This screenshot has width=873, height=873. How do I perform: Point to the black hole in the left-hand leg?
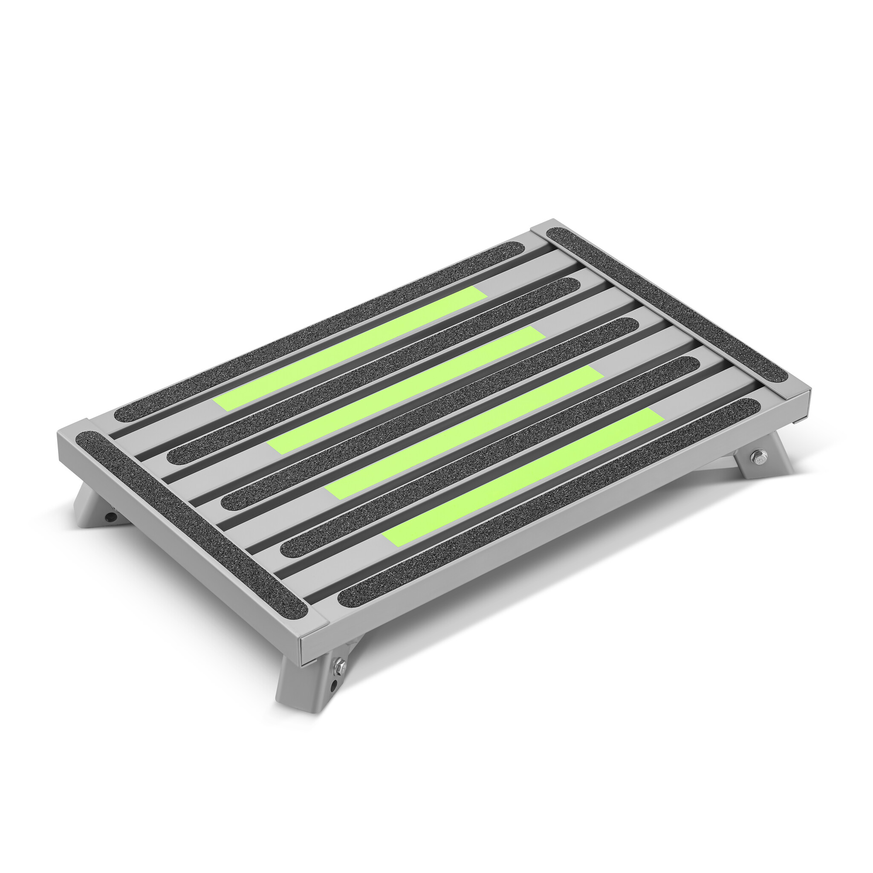(110, 516)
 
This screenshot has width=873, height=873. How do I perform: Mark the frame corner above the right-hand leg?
(798, 398)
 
